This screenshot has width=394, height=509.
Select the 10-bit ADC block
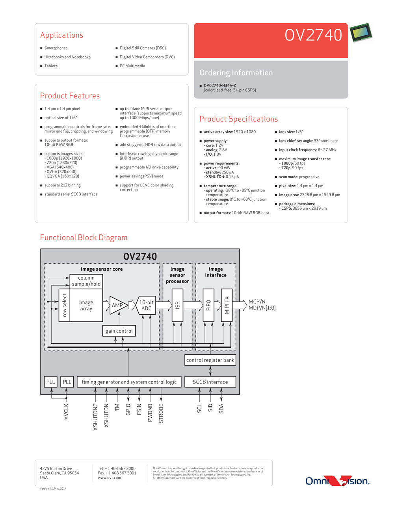146,305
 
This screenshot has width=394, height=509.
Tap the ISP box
177,305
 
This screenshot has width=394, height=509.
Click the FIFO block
208,305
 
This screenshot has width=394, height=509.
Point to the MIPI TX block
227,305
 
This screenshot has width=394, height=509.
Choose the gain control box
119,331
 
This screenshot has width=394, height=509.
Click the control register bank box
210,360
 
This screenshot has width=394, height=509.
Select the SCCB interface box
210,382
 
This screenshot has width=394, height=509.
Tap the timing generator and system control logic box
129,382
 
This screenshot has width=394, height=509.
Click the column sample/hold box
86,281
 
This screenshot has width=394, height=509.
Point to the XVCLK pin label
66,411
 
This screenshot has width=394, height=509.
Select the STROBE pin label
161,413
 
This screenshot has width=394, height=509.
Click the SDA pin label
221,409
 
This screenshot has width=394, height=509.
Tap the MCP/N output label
257,301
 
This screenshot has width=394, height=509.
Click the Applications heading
62,35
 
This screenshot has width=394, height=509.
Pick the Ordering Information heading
236,73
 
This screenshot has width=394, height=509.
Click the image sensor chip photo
361,32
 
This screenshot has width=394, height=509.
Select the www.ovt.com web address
110,478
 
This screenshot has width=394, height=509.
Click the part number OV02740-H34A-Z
220,85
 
